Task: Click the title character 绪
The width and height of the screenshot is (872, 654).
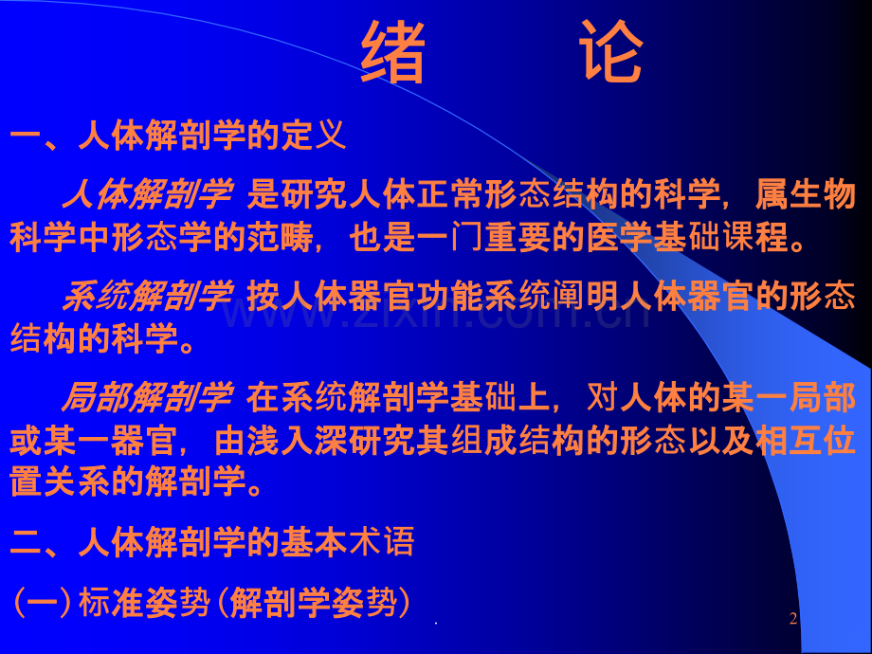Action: [393, 52]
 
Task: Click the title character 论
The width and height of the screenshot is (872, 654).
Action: [611, 52]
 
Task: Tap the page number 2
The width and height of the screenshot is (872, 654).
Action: [793, 618]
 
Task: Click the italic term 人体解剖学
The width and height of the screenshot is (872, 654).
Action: [147, 194]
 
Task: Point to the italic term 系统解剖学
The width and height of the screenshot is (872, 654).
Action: [148, 296]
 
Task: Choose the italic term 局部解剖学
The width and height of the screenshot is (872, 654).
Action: [147, 397]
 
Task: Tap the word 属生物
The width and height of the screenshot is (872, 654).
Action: [805, 194]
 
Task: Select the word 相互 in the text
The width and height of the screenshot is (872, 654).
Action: [788, 441]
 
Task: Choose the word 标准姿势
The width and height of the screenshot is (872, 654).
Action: [145, 603]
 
